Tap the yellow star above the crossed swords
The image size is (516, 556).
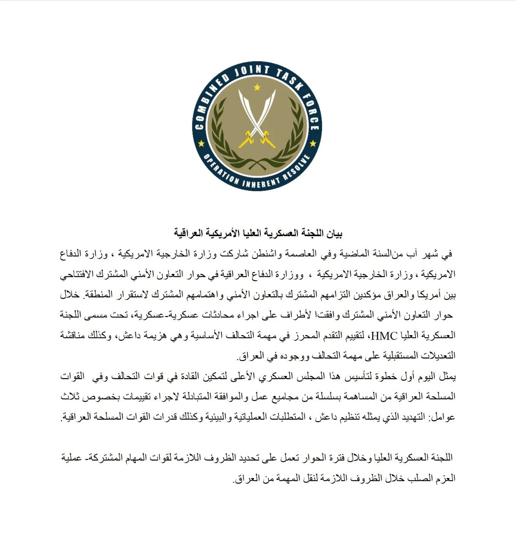pos(257,87)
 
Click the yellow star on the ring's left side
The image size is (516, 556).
pos(201,144)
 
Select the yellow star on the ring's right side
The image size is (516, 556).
pos(313,144)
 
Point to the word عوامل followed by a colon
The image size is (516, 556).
pos(443,417)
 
